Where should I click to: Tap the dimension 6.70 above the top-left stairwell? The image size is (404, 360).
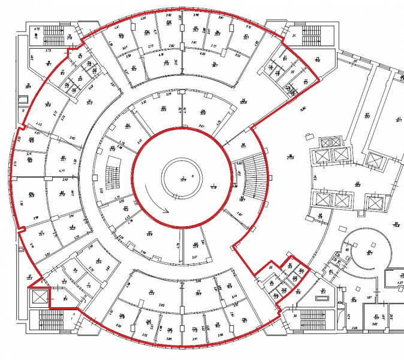pos(37,28)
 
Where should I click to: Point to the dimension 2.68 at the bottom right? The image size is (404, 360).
pos(355,328)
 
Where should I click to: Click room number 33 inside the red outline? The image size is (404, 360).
pos(270,268)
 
